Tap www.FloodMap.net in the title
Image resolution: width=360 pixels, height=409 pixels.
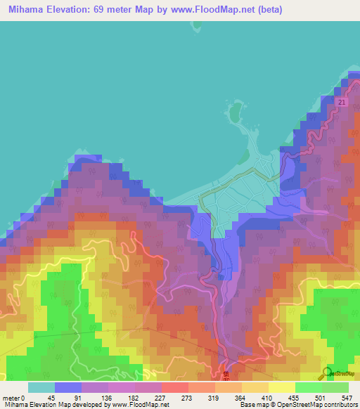coord(183,9)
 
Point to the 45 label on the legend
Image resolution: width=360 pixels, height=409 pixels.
coord(51,378)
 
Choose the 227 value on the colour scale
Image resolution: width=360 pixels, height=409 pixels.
coord(160,378)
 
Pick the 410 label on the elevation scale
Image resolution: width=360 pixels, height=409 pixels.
coord(269,378)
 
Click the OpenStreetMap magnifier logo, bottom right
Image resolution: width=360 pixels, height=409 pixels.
coord(328,374)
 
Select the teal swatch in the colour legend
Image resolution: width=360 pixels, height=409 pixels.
coord(41,387)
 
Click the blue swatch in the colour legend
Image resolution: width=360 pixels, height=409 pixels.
coord(68,387)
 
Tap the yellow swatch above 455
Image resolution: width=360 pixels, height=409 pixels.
coord(281,387)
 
